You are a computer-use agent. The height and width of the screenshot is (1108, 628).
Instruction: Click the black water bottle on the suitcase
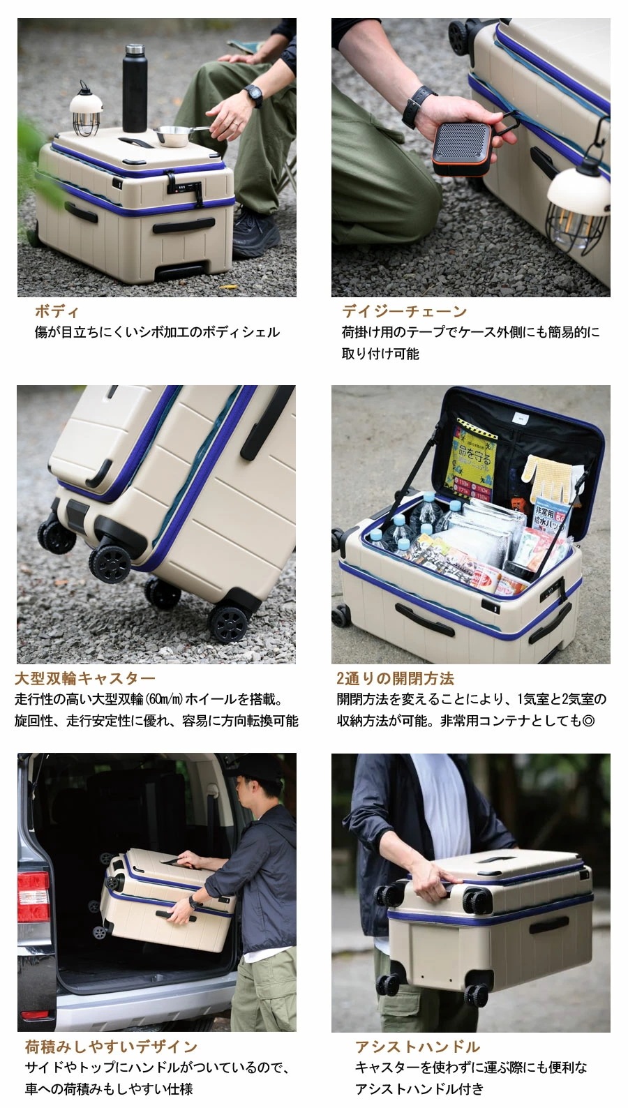(135, 89)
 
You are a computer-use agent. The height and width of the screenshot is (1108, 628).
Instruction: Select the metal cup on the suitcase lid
(173, 136)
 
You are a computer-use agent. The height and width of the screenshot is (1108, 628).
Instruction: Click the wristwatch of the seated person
(254, 96)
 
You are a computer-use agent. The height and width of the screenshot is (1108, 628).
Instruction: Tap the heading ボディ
(57, 312)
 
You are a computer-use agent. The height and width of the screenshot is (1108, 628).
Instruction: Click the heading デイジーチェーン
(404, 312)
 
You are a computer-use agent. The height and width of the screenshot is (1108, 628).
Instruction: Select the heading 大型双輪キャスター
(84, 678)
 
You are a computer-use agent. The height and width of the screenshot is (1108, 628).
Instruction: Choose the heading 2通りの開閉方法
(395, 678)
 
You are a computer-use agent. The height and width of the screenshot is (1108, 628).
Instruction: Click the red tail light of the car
(33, 896)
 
